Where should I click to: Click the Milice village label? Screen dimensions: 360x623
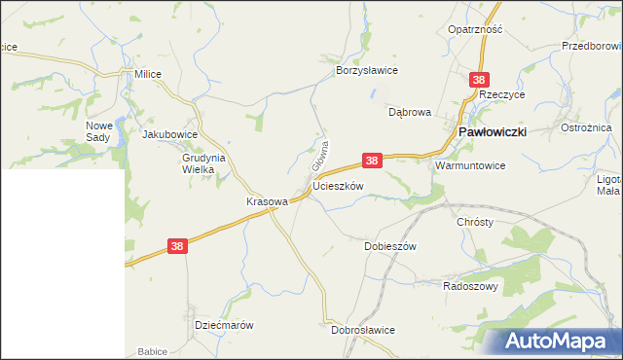148,73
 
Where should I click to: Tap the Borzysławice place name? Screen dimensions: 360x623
367,70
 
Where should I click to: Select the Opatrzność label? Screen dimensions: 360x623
475,29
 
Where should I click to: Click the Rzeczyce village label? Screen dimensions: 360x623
503,94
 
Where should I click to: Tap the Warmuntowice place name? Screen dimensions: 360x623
470,165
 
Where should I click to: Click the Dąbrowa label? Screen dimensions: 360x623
409,112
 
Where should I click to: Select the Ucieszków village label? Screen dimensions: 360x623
338,186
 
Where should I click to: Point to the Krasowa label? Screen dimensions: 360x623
268,201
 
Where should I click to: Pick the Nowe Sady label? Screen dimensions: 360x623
100,131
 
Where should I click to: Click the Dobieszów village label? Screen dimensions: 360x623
390,246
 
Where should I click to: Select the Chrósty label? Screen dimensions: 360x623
475,222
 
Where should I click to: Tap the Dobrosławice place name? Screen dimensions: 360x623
363,330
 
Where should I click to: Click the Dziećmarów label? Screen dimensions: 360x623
224,325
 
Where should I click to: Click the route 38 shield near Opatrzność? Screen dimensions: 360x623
478,79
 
